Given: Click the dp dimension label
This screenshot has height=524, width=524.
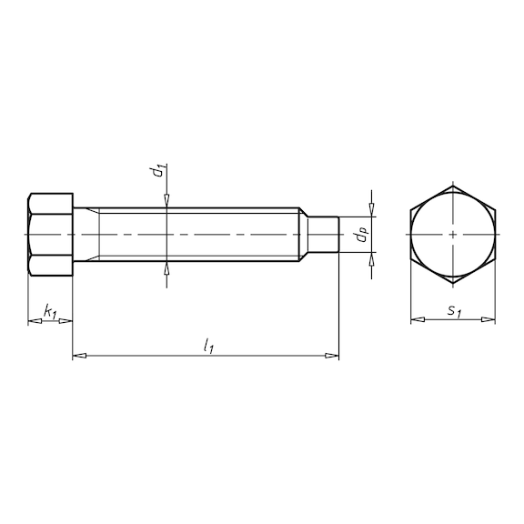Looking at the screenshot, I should click(361, 236).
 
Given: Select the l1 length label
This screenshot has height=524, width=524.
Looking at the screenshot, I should click(208, 345).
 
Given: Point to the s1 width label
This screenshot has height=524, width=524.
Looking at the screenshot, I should click(453, 311).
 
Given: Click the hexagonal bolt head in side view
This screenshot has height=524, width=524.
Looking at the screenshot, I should click(50, 235).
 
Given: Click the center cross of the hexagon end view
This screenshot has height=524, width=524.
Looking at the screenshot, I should click(453, 235).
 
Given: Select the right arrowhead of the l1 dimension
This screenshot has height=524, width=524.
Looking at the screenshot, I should click(332, 355).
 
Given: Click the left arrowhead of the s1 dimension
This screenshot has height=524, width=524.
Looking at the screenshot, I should click(417, 319).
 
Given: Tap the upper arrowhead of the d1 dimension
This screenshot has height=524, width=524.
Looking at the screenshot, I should click(166, 204).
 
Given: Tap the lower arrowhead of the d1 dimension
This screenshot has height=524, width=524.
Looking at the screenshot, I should click(166, 267).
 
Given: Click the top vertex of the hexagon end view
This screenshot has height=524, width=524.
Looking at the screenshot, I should click(453, 186).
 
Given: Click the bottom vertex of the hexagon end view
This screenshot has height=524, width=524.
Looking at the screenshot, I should click(453, 283).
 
